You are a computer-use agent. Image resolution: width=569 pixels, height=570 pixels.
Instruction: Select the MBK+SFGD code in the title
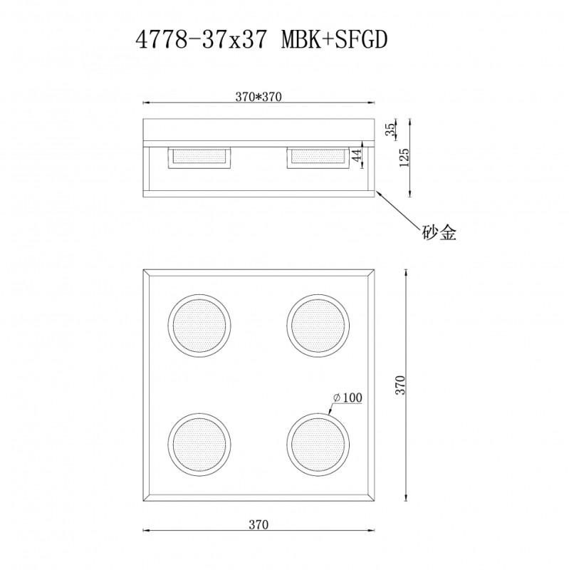[x=335, y=40]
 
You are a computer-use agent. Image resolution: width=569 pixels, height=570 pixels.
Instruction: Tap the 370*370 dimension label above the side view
[x=259, y=98]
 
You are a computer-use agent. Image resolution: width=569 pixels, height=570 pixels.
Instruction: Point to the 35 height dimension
[x=390, y=129]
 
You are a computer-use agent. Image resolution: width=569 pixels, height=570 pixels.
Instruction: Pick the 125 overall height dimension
[x=404, y=156]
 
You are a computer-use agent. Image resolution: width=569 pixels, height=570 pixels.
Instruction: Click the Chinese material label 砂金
[x=437, y=232]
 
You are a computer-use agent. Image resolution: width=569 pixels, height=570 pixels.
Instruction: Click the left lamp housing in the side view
[x=199, y=157]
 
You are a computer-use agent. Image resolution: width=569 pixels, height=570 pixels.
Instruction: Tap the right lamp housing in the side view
[x=318, y=157]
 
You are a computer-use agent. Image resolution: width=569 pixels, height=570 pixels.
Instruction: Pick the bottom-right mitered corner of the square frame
[x=370, y=496]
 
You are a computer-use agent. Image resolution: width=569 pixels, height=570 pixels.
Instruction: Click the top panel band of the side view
[x=259, y=130]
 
